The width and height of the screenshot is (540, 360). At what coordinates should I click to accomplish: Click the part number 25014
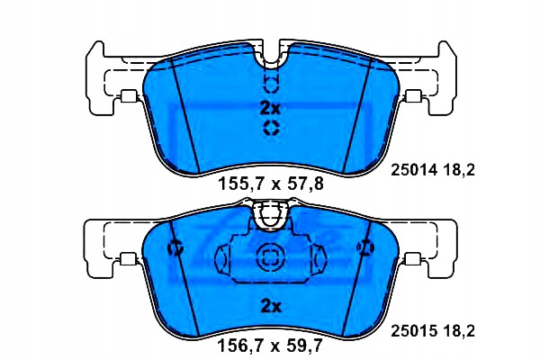[x=414, y=170]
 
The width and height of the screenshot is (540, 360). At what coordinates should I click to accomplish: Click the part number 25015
[x=414, y=331]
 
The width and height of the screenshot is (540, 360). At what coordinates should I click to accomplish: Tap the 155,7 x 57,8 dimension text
[x=271, y=184]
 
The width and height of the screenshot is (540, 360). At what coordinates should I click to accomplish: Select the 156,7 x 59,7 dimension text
[x=270, y=345]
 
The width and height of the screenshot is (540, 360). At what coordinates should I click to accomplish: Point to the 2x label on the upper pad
[x=270, y=109]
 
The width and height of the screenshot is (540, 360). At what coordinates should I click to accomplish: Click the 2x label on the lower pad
[x=271, y=306]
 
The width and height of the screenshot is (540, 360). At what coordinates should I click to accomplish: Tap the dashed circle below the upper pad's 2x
[x=272, y=128]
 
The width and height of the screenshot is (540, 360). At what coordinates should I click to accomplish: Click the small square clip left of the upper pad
[x=129, y=96]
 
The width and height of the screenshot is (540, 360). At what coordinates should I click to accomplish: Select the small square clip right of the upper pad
[x=413, y=96]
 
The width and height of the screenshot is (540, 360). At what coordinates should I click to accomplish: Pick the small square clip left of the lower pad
[x=129, y=258]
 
